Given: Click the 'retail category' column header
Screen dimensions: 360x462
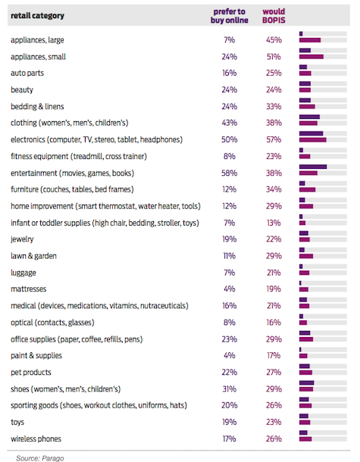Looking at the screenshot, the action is pyautogui.click(x=37, y=16).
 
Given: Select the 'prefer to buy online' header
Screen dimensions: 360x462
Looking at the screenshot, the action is pyautogui.click(x=230, y=16).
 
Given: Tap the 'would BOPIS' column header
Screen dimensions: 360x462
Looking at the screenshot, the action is pyautogui.click(x=274, y=16).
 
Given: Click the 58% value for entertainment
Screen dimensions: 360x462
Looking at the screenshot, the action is pyautogui.click(x=230, y=173).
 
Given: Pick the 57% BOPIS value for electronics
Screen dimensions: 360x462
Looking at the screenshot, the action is pyautogui.click(x=274, y=139).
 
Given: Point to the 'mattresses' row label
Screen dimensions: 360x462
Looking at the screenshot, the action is pyautogui.click(x=29, y=289).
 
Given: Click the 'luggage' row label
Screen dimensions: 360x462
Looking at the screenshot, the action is pyautogui.click(x=23, y=273).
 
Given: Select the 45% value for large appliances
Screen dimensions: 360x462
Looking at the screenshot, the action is pyautogui.click(x=274, y=40).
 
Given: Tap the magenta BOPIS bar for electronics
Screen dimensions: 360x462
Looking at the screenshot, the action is pyautogui.click(x=313, y=139).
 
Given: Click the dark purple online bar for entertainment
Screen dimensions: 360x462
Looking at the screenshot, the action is pyautogui.click(x=313, y=167).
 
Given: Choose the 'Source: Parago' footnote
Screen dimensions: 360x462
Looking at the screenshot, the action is pyautogui.click(x=40, y=458).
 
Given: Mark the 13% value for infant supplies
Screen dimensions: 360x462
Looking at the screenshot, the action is pyautogui.click(x=274, y=223).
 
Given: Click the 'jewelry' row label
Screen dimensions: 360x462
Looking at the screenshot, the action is pyautogui.click(x=22, y=239).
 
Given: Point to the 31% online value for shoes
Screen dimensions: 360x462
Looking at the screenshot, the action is pyautogui.click(x=230, y=389).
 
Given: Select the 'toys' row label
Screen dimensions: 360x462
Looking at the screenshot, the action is pyautogui.click(x=17, y=422).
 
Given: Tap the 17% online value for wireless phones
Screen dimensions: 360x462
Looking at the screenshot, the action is pyautogui.click(x=230, y=439).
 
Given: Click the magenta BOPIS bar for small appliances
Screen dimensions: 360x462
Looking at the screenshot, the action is pyautogui.click(x=311, y=57).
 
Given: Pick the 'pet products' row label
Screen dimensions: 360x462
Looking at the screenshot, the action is pyautogui.click(x=31, y=373).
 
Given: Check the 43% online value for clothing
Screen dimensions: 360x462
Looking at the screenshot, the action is pyautogui.click(x=230, y=123).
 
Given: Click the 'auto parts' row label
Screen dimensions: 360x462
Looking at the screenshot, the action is pyautogui.click(x=27, y=73).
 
